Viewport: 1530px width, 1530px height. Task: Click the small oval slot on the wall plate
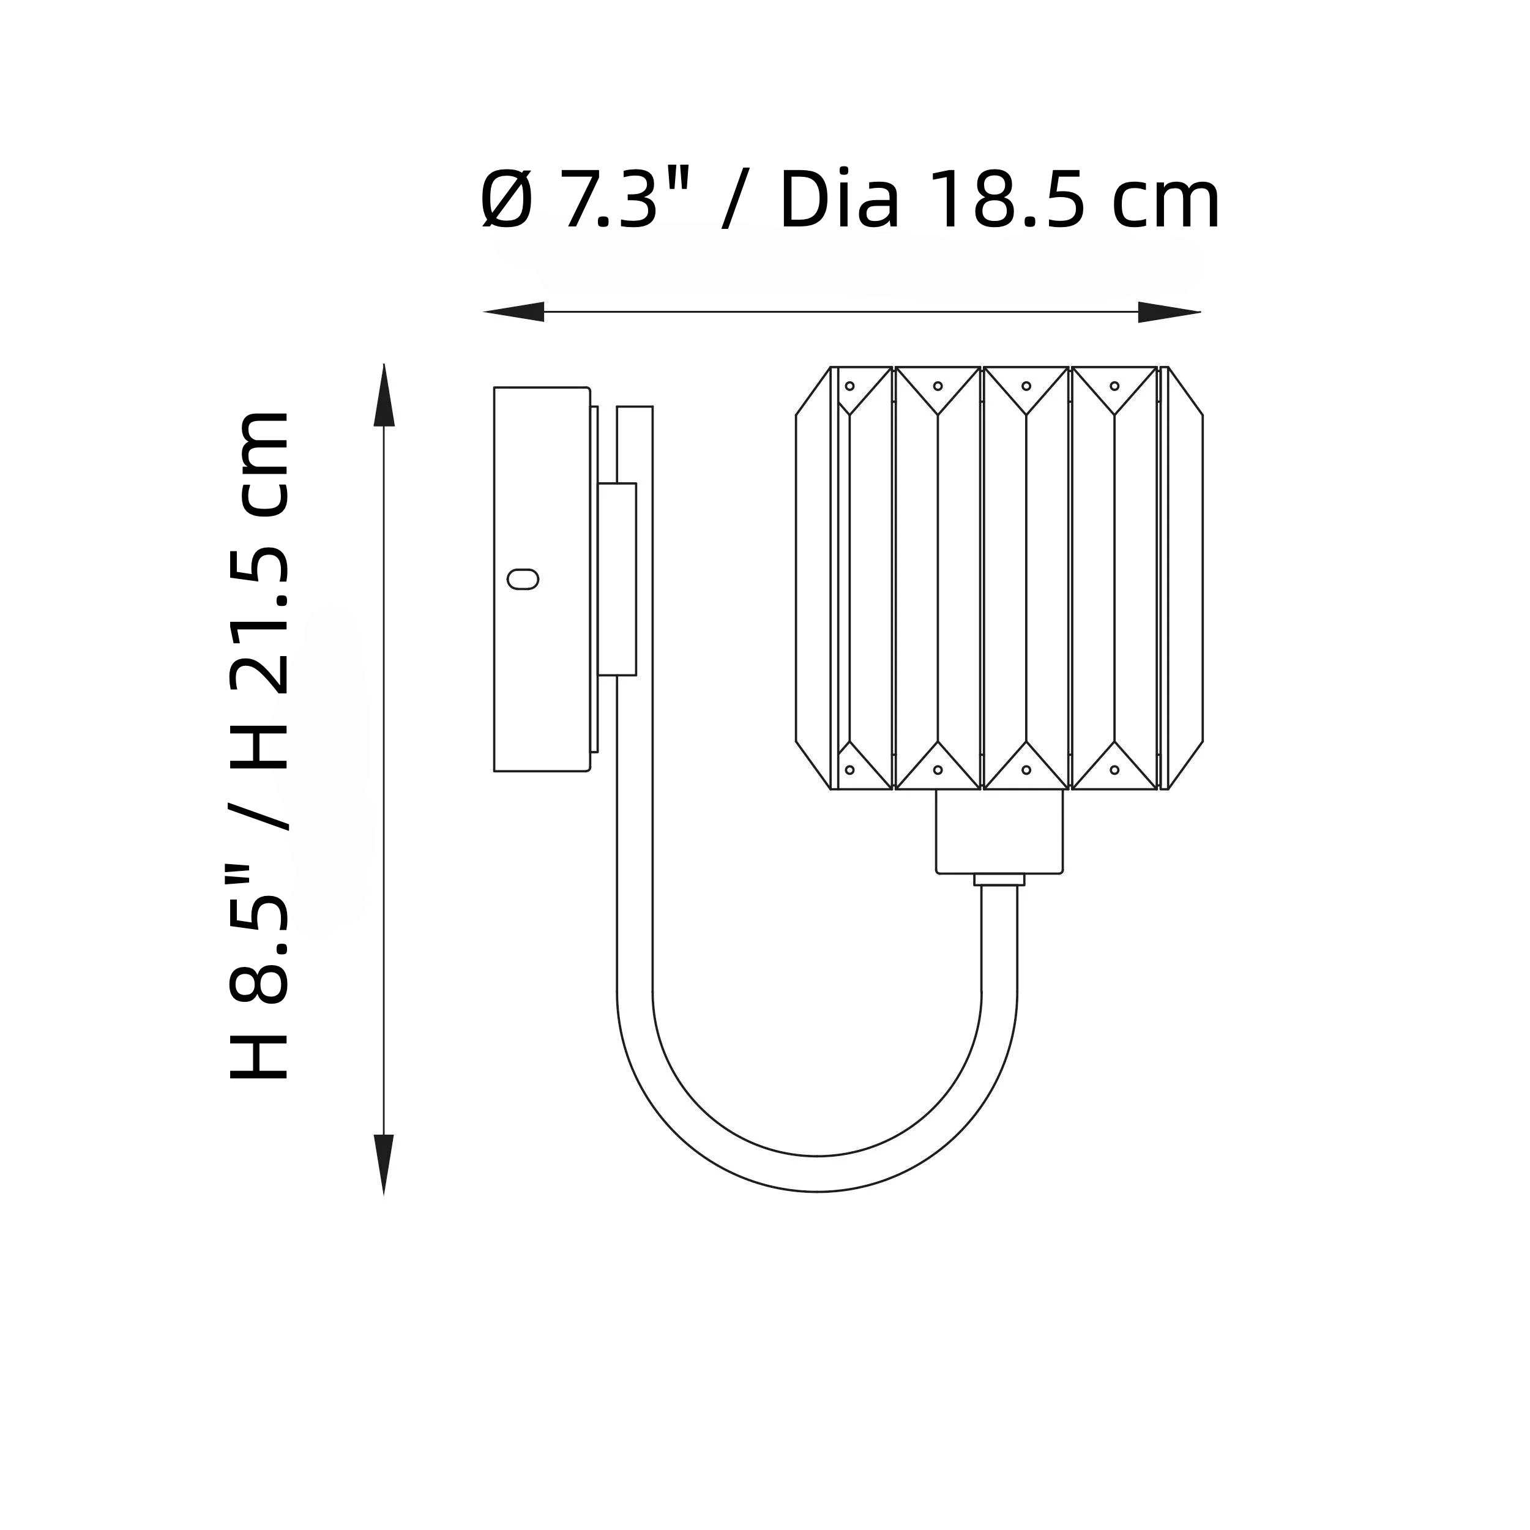(523, 580)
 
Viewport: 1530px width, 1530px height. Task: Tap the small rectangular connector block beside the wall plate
(618, 579)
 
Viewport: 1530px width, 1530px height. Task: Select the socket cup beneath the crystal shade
(999, 832)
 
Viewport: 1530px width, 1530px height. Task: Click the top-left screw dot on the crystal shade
(849, 386)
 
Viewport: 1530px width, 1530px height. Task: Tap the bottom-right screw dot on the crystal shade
(1114, 769)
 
